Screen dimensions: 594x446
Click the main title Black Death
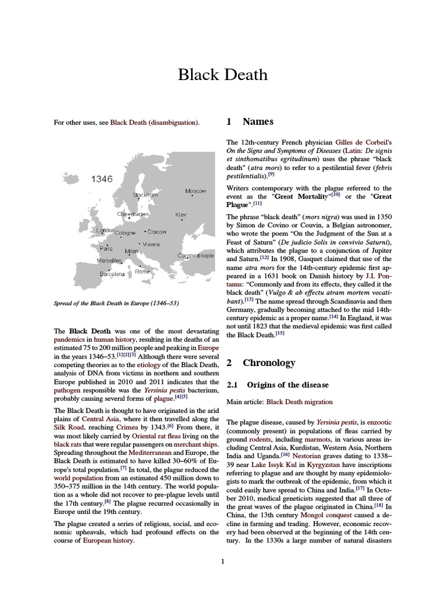click(223, 75)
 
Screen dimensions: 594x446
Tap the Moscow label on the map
click(195, 191)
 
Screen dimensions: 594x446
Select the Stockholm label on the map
click(145, 195)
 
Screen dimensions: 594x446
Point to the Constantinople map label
click(196, 255)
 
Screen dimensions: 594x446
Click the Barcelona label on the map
click(112, 274)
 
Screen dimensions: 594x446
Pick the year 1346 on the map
click(102, 179)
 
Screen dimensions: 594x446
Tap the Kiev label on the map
click(181, 214)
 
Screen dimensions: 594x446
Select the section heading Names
click(258, 122)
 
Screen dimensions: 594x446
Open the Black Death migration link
click(299, 401)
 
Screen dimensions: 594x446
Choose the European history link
click(109, 540)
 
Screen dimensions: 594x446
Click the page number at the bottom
click(223, 561)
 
